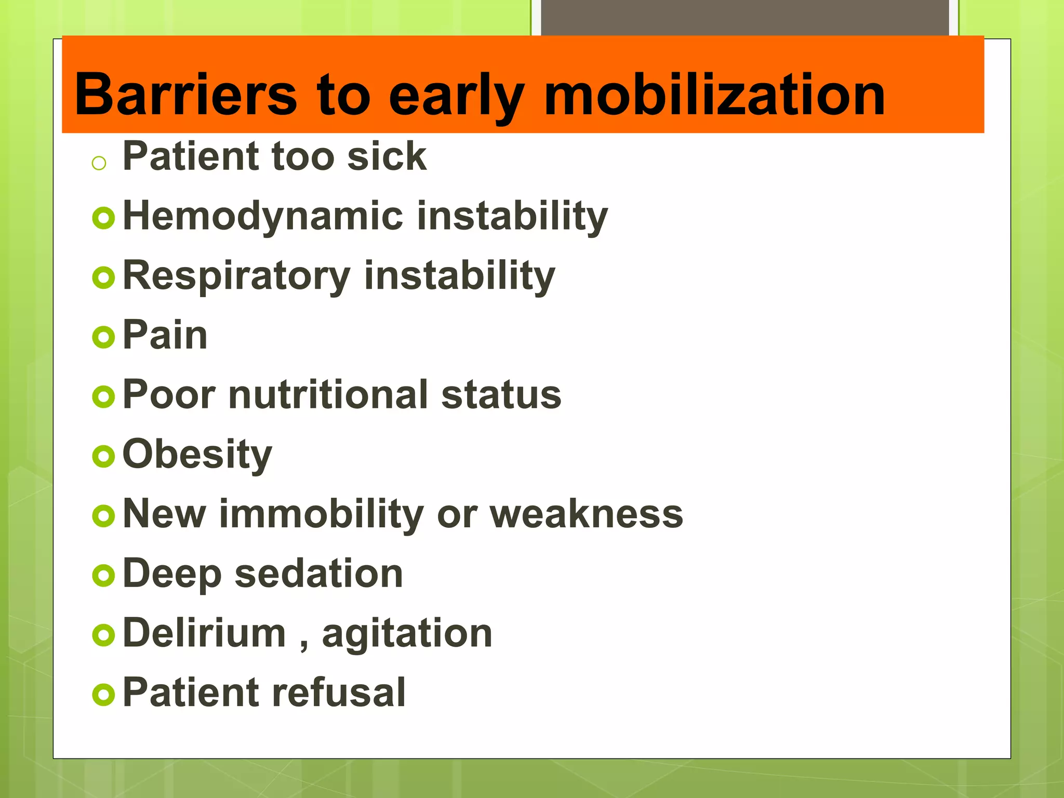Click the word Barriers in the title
pos(185,95)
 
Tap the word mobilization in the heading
pos(714,95)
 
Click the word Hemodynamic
pos(263,216)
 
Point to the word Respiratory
pos(236,276)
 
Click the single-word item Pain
pos(165,335)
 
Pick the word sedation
pos(318,574)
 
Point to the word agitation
pos(407,634)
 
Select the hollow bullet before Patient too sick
pos(99,164)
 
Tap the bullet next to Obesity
pos(103,457)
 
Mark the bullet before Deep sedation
pos(103,576)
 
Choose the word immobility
pos(322,514)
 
